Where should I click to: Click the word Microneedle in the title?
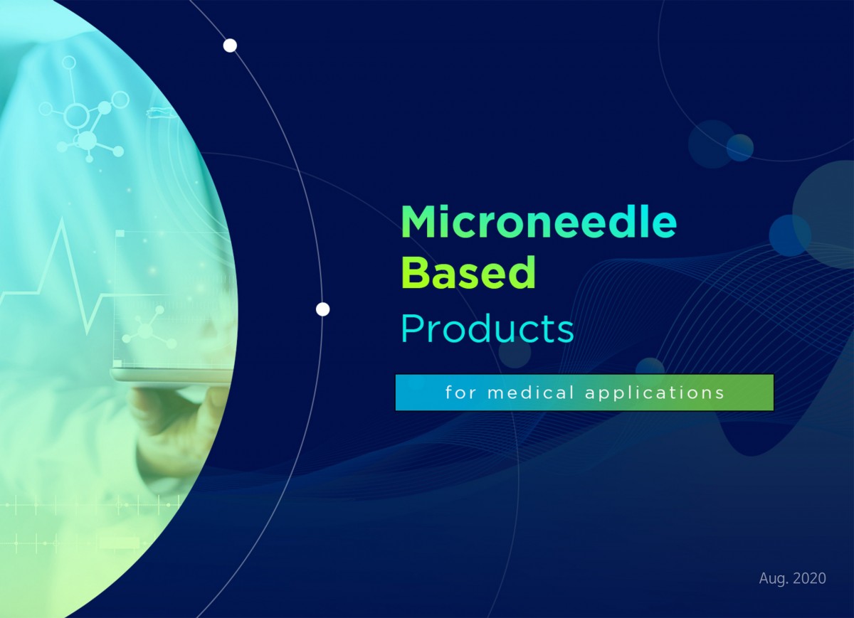coord(539,222)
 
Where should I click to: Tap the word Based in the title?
coord(468,273)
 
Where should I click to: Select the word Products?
coord(487,329)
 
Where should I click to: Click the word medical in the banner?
coord(531,393)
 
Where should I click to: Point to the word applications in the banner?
coord(655,393)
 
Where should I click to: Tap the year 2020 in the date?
coord(809,578)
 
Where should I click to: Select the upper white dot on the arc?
coord(230,46)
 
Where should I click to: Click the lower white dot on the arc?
coord(323,309)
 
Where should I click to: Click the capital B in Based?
coord(416,273)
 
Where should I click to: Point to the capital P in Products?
coord(412,329)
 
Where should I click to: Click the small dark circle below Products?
coord(515,353)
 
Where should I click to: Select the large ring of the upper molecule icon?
coord(76,116)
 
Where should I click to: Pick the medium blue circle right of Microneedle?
coord(789,235)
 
